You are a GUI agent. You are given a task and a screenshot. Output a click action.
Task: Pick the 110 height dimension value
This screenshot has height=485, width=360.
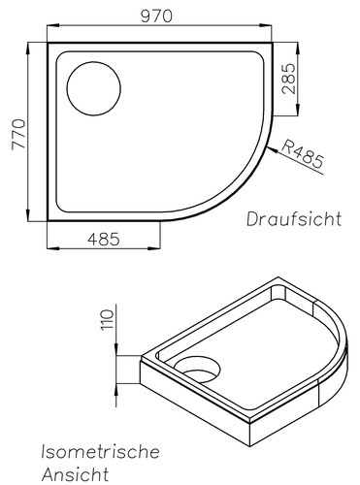[x=107, y=318]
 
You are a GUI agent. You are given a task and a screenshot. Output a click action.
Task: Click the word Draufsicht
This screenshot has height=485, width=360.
[x=293, y=218]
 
